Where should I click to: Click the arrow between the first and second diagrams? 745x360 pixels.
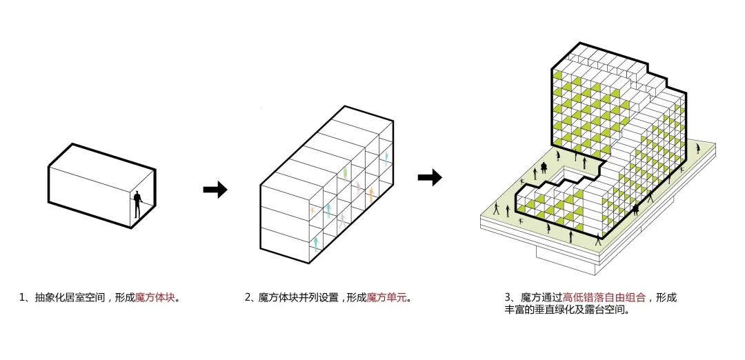click(215, 190)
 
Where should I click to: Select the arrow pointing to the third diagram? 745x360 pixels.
click(430, 177)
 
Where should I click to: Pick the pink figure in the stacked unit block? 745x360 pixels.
click(359, 186)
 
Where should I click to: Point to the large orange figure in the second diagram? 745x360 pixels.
click(372, 194)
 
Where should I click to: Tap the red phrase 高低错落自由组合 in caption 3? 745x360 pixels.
click(604, 298)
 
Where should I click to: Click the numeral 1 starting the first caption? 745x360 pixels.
click(22, 298)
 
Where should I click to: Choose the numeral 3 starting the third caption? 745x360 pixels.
click(508, 298)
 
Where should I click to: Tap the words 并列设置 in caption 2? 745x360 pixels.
click(317, 298)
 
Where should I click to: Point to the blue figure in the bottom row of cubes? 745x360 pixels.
click(316, 241)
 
